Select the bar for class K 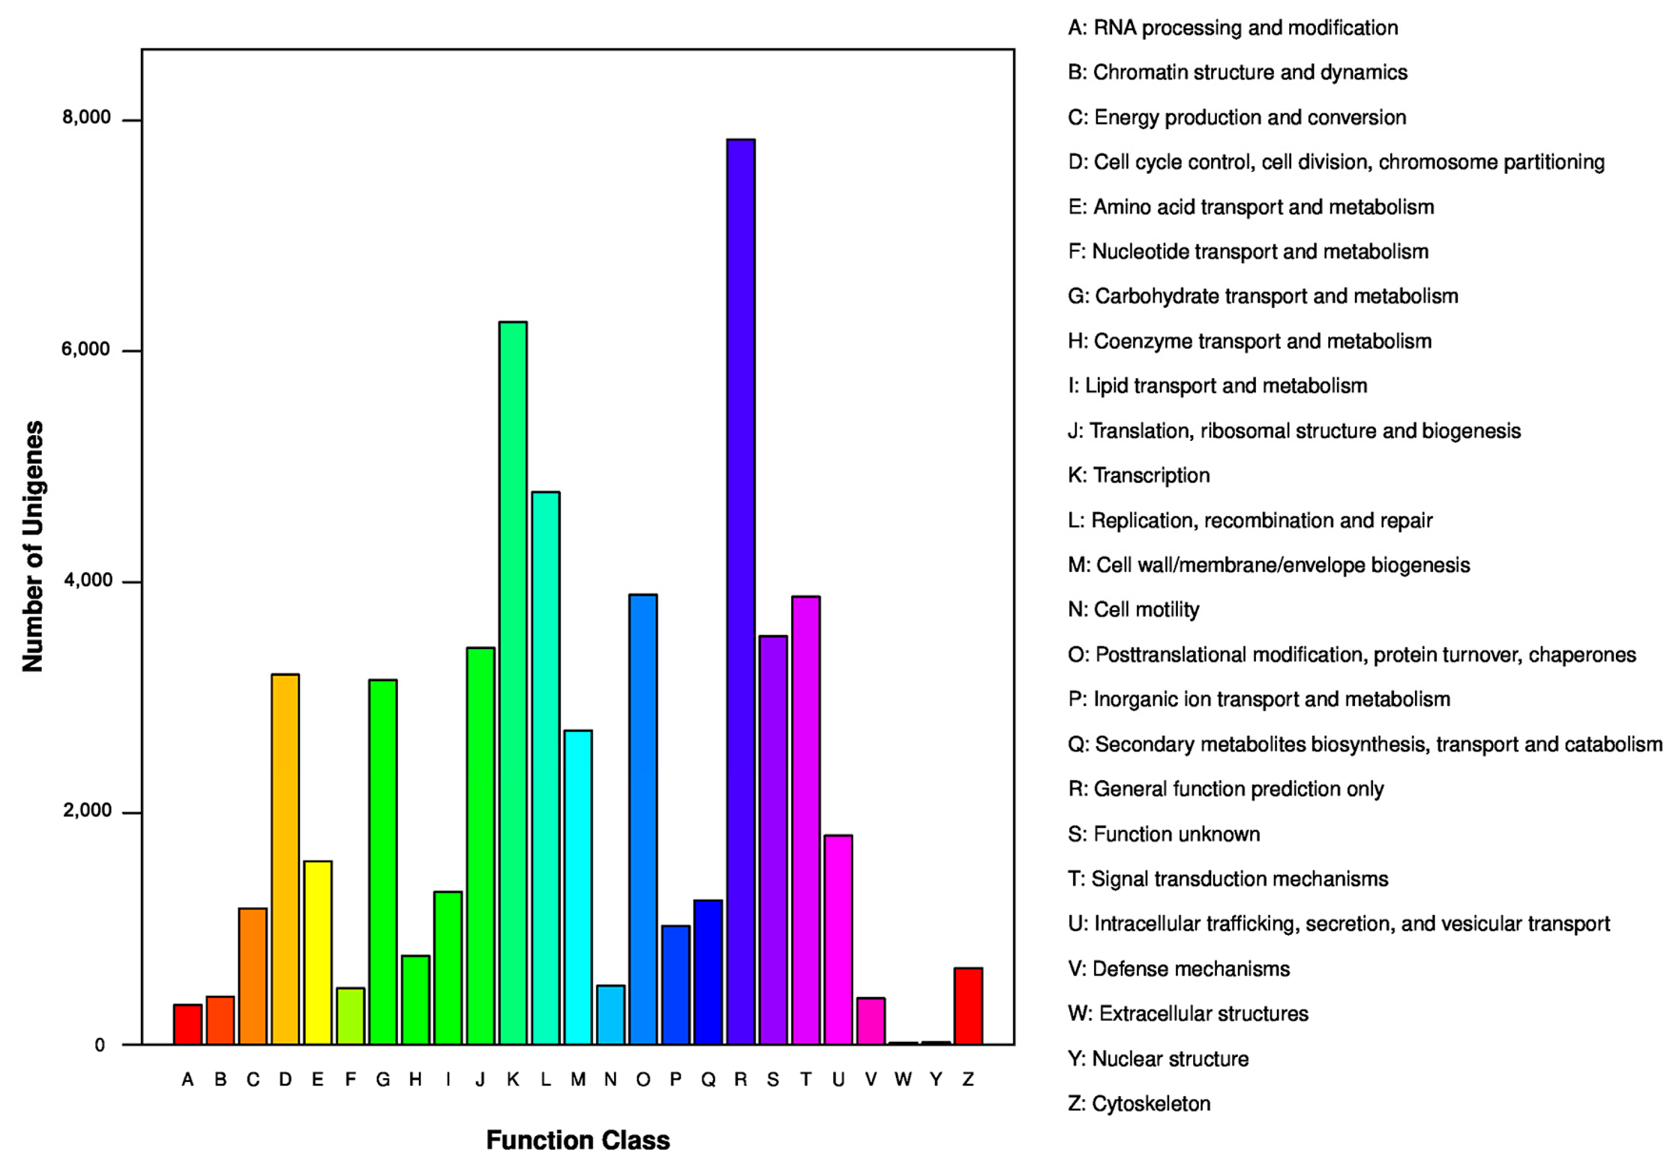(513, 682)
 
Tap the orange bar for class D (285, 859)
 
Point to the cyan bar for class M (578, 887)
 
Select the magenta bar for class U (839, 939)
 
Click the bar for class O (643, 819)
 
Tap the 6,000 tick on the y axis (86, 349)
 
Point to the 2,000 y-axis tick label (86, 811)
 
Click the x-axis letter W (903, 1080)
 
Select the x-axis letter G (383, 1080)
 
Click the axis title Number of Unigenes (33, 547)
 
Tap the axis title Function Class (578, 1140)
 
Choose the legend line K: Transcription (1139, 475)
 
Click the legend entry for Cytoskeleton (1139, 1103)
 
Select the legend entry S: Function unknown (1164, 834)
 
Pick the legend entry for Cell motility (1134, 610)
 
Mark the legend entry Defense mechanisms (1179, 969)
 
